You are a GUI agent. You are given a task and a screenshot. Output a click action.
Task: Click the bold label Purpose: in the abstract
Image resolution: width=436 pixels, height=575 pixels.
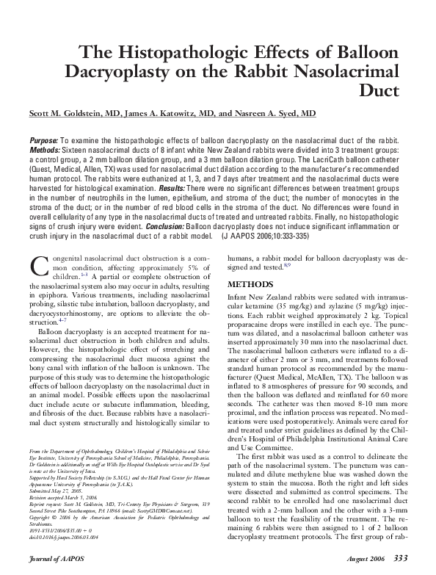[x=45, y=140]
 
